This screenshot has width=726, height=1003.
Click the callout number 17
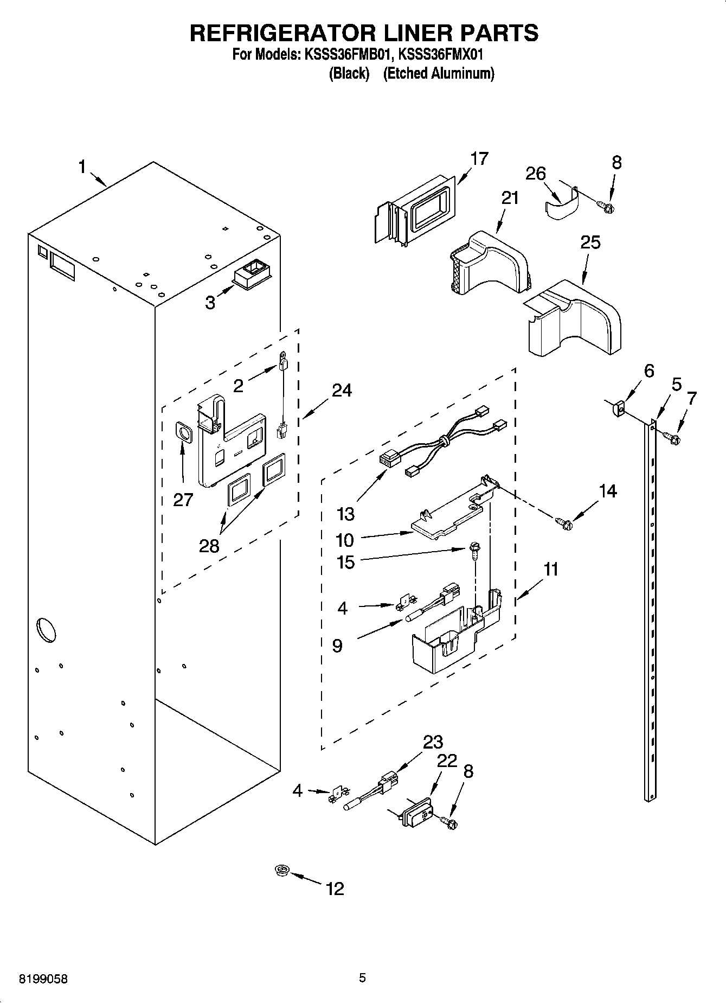click(x=479, y=159)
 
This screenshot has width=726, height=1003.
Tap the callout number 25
click(x=590, y=242)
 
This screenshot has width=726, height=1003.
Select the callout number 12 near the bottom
click(x=335, y=889)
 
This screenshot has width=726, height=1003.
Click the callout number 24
click(x=342, y=390)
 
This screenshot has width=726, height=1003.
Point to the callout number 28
click(x=209, y=545)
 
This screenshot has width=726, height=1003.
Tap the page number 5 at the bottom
click(x=362, y=978)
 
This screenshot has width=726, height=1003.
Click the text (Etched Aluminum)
click(x=439, y=74)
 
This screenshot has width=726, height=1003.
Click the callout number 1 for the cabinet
click(x=82, y=167)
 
